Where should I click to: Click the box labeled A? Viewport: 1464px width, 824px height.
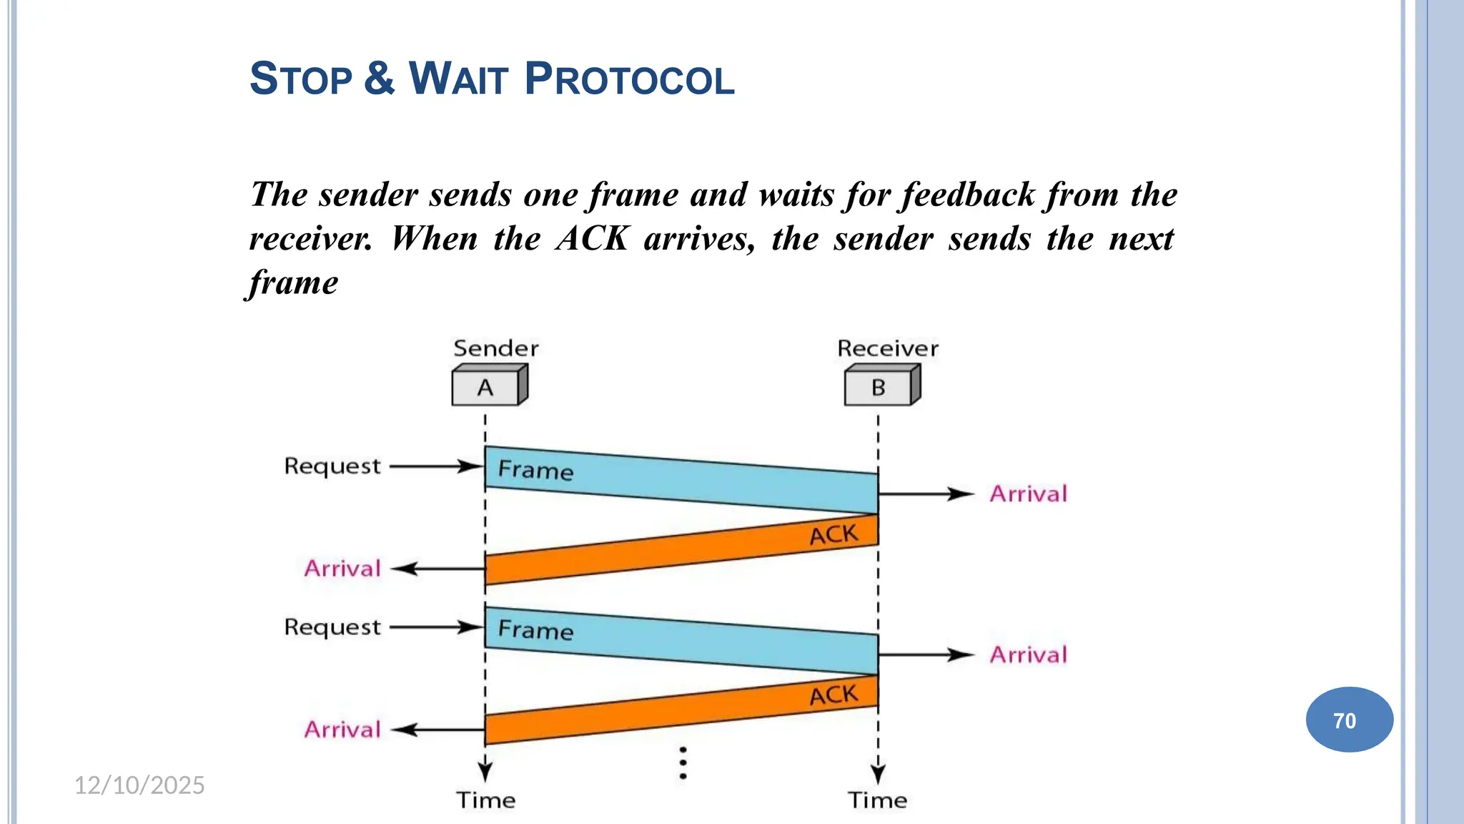(x=486, y=388)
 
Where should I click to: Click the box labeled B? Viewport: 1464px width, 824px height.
(x=879, y=388)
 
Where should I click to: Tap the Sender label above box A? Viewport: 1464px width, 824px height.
(x=495, y=348)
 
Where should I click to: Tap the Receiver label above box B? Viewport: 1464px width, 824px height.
(x=887, y=348)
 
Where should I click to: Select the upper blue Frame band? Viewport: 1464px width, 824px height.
(x=679, y=480)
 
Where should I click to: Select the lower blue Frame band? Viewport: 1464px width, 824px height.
(x=679, y=641)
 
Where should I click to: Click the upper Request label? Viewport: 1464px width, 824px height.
(x=332, y=466)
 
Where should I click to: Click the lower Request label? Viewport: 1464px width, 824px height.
(x=332, y=627)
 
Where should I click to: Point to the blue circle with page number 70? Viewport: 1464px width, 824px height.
(x=1349, y=720)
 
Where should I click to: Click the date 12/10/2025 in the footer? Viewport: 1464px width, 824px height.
(x=139, y=785)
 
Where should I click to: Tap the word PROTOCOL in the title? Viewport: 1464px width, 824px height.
(x=629, y=79)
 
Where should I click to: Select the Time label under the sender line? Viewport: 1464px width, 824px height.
(x=486, y=800)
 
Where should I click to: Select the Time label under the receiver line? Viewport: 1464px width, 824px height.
(x=878, y=800)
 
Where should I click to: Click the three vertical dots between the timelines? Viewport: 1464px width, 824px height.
(x=683, y=763)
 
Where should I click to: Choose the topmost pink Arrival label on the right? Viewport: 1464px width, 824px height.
(x=1028, y=494)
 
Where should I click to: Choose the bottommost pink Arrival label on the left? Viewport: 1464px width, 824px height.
(x=342, y=730)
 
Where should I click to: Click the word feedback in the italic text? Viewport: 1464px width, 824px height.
(x=969, y=195)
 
